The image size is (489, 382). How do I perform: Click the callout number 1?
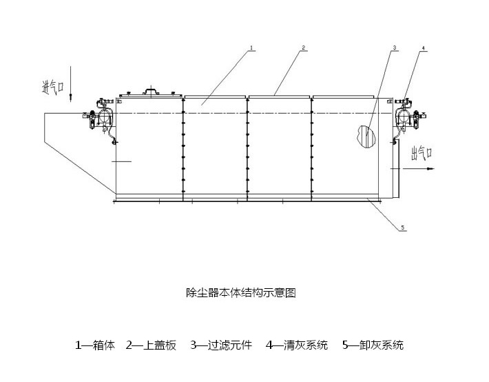pos(252,48)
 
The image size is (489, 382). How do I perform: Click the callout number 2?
pos(303,48)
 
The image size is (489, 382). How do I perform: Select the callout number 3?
pos(394,48)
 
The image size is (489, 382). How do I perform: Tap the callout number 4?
pos(424,48)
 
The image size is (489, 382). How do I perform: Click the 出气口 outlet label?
pos(422,152)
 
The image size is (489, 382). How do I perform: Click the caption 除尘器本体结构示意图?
pos(241,292)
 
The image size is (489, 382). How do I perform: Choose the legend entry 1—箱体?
pos(95,345)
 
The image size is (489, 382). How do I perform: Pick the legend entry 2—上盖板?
pos(151,345)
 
